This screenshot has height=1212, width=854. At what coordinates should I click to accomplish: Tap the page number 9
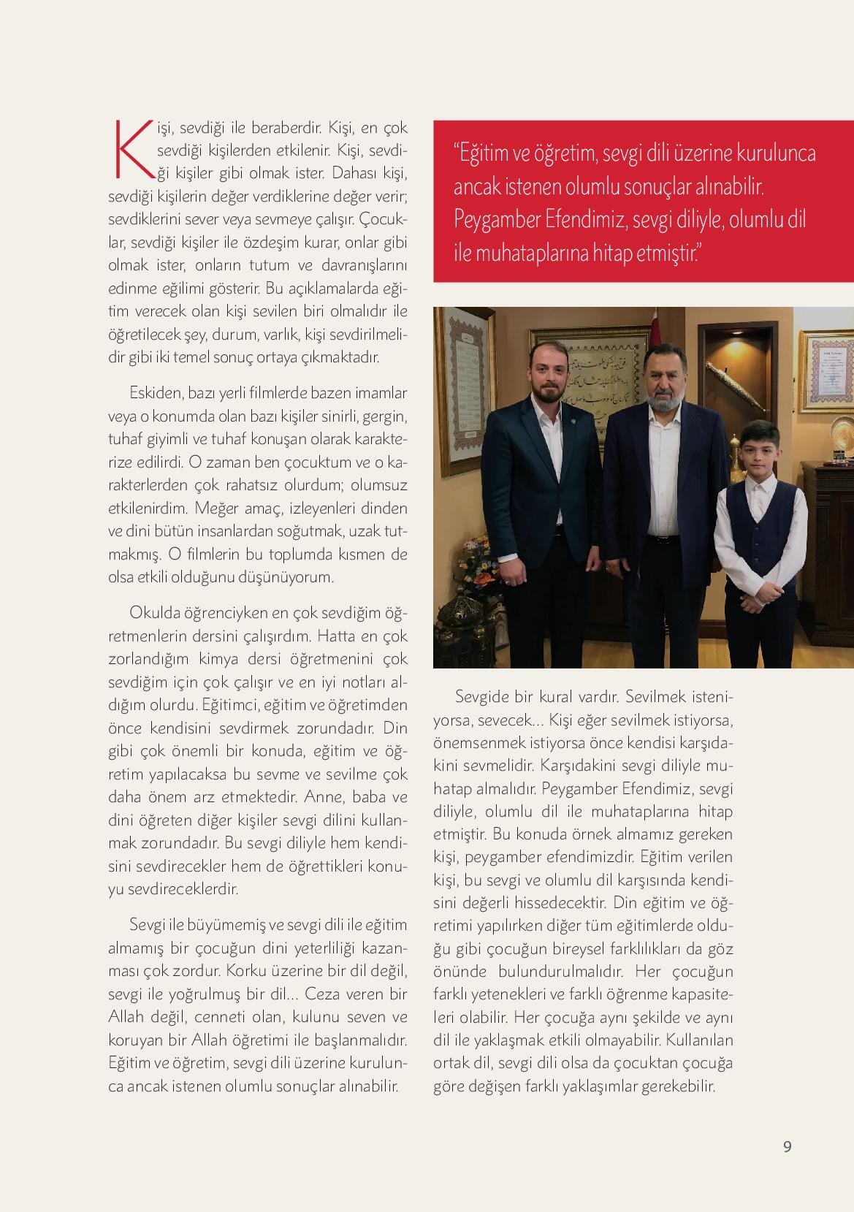click(787, 1146)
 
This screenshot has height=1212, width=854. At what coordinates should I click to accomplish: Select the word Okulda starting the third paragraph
click(151, 611)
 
